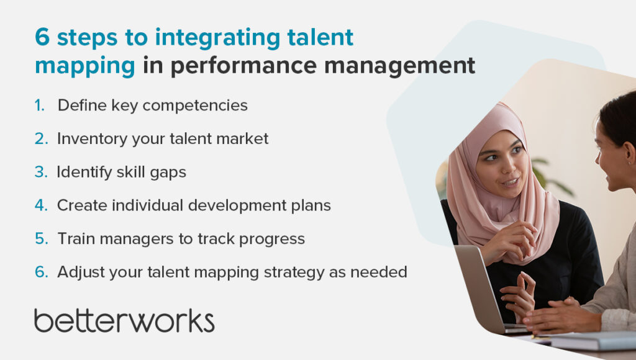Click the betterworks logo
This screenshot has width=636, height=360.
[x=124, y=321]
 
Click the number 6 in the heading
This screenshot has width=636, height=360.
[x=42, y=37]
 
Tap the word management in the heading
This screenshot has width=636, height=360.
[x=399, y=65]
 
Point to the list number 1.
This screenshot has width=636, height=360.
[x=39, y=106]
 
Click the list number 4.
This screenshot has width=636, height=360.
[x=41, y=205]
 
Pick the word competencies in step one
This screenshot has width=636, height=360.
[x=195, y=106]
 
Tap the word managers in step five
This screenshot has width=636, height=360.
[x=136, y=239]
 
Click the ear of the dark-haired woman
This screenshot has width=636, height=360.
[x=630, y=153]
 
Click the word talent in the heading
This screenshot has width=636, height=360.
[x=320, y=37]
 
